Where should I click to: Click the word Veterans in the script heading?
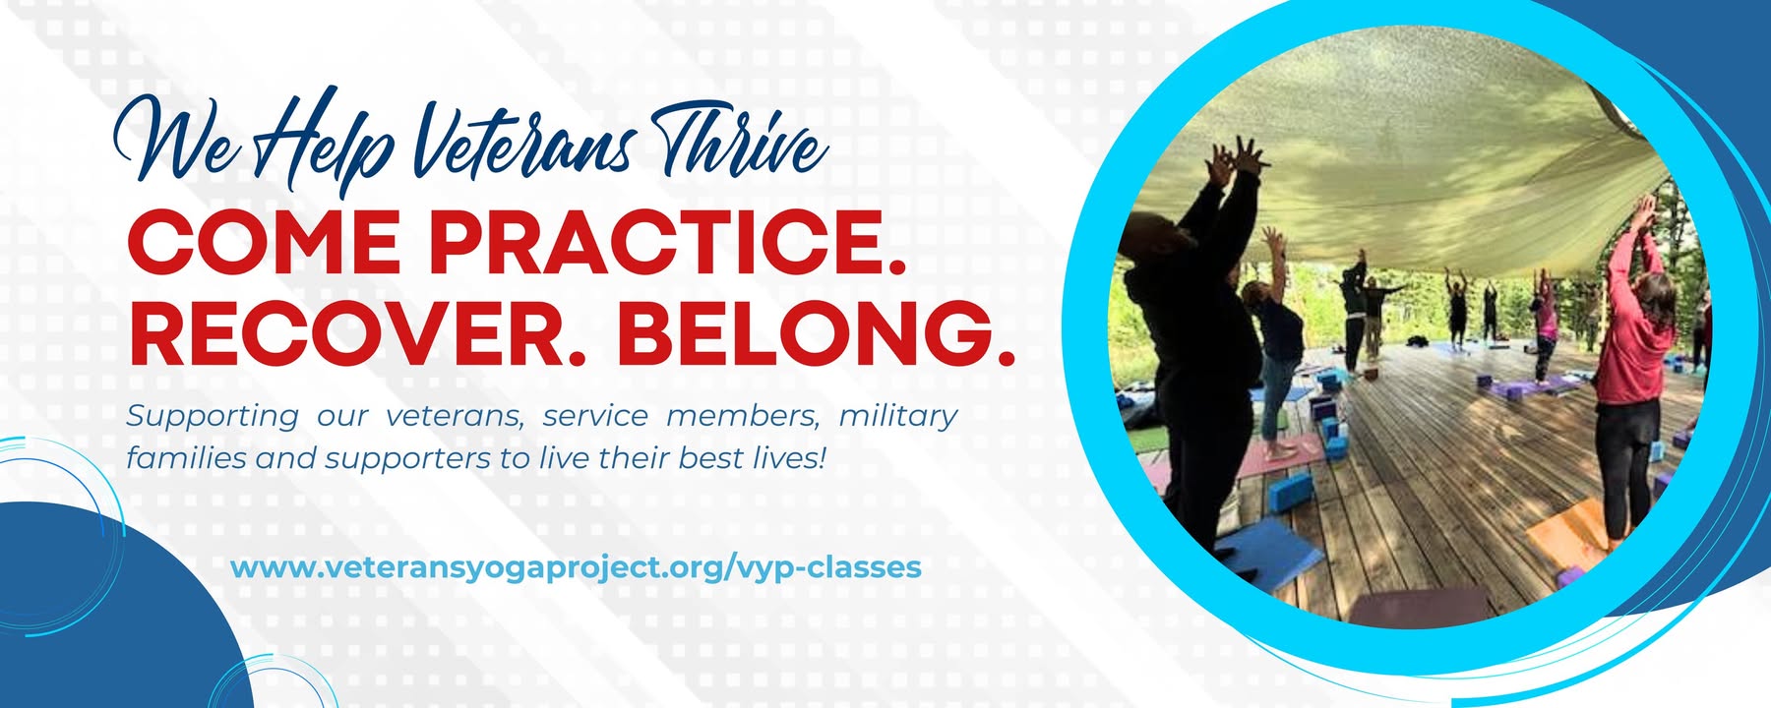pyautogui.click(x=521, y=147)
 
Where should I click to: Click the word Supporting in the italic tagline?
pyautogui.click(x=212, y=417)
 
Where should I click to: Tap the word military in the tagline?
pyautogui.click(x=897, y=417)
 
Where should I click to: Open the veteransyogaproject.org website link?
pyautogui.click(x=576, y=568)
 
